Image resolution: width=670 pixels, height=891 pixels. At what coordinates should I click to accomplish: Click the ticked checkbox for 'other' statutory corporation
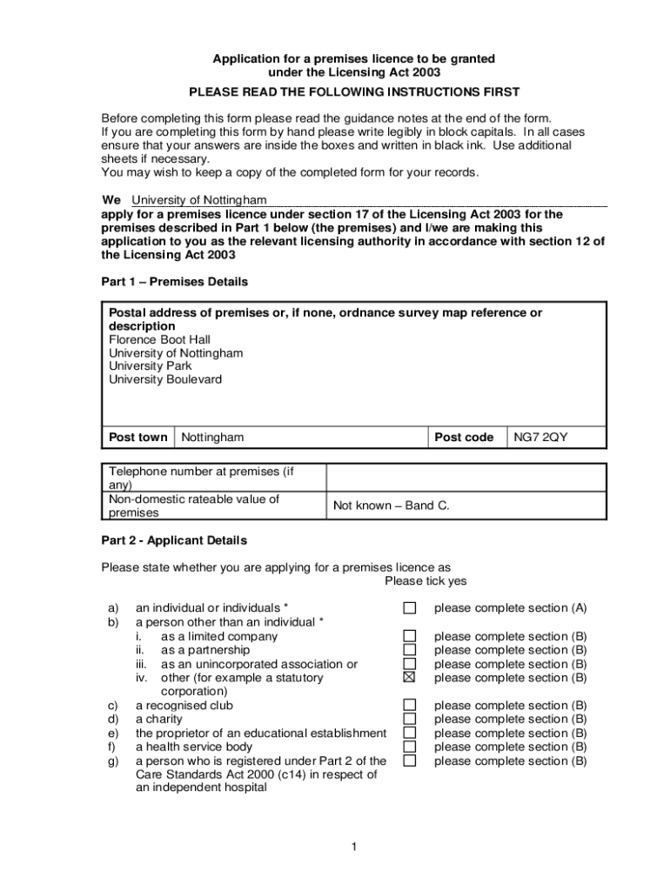tap(409, 678)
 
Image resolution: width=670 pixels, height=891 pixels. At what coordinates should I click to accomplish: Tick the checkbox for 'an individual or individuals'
tap(409, 608)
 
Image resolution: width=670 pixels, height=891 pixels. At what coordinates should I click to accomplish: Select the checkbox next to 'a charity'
tap(409, 720)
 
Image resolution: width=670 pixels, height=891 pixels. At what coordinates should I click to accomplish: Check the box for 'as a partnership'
tap(409, 650)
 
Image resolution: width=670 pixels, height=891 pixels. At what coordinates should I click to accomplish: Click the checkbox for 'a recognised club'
tap(409, 706)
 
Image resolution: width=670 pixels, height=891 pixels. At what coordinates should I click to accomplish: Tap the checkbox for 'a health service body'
tap(409, 747)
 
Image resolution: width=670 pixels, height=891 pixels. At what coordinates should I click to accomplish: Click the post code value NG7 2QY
tap(539, 438)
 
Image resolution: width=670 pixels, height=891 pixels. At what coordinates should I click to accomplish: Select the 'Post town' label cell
tap(138, 438)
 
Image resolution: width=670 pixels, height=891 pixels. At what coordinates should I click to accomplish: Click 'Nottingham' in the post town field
tap(212, 438)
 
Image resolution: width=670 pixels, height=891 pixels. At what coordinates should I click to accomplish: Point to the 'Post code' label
tap(464, 438)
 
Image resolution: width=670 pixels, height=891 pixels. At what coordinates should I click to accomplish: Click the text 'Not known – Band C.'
tap(391, 506)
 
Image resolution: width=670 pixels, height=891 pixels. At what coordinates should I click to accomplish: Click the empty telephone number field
tap(466, 478)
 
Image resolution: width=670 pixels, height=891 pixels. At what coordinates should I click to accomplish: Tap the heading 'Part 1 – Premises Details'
tap(175, 282)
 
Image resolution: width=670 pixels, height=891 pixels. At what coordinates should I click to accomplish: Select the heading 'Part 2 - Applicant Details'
tap(174, 540)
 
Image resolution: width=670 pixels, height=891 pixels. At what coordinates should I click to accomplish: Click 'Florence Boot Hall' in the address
tap(159, 339)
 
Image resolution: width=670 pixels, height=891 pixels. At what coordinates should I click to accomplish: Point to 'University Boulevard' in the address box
tap(165, 379)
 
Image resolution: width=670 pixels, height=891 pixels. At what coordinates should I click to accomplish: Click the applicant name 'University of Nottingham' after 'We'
tap(198, 200)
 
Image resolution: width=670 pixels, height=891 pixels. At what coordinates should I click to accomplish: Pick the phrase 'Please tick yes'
tap(425, 581)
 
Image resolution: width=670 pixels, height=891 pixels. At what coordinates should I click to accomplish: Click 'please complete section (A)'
tap(510, 608)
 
